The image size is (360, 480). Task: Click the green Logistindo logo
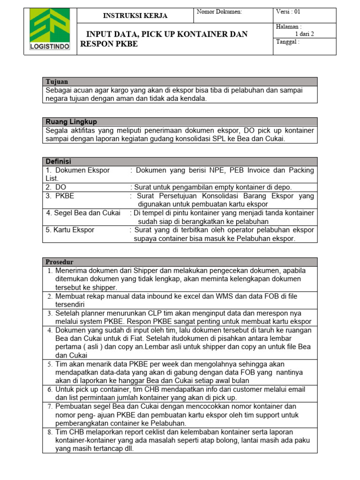click(50, 31)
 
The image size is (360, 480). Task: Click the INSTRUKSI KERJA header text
click(135, 16)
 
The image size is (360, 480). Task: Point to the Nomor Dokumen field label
click(219, 12)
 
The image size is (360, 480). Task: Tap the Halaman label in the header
click(289, 27)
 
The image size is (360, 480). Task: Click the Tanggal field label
click(287, 42)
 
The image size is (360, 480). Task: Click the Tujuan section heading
click(57, 82)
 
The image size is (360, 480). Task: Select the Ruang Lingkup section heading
click(71, 122)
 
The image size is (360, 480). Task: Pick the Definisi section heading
click(58, 162)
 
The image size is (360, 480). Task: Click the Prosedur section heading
click(60, 262)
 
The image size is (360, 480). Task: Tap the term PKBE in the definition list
click(65, 195)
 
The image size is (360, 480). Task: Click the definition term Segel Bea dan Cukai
click(83, 213)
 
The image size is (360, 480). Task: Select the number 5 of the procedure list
click(50, 364)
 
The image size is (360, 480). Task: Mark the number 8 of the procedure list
click(50, 432)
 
